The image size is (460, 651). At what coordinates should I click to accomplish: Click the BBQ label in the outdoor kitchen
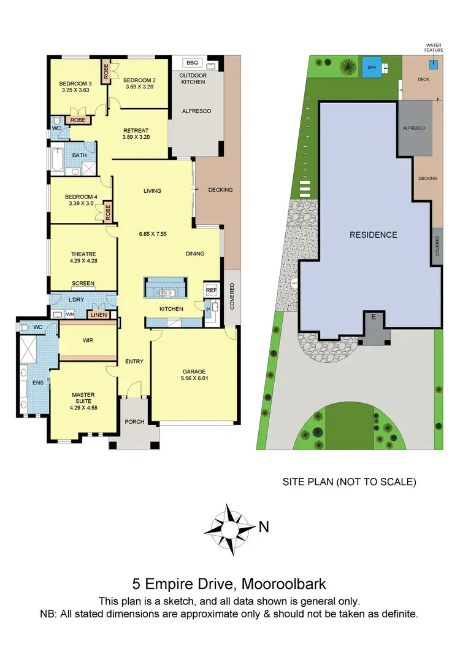(x=193, y=63)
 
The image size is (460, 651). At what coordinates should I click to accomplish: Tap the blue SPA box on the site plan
(x=371, y=67)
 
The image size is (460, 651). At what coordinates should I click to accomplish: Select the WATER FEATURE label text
(x=434, y=47)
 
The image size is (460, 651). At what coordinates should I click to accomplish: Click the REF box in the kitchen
(x=212, y=290)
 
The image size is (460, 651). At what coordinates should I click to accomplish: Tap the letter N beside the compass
(x=264, y=526)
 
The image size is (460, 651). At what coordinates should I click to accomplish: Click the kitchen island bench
(x=166, y=287)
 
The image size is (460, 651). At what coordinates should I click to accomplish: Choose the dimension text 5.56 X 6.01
(x=194, y=378)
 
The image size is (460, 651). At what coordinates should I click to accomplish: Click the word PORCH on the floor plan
(x=134, y=422)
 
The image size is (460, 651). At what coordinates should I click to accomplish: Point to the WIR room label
(x=87, y=340)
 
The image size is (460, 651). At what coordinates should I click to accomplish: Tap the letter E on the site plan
(x=373, y=317)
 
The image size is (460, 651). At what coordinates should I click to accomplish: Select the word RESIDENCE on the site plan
(x=374, y=235)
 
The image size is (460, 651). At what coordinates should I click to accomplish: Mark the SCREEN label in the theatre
(x=83, y=284)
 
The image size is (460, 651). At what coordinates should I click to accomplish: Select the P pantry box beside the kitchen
(x=207, y=311)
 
